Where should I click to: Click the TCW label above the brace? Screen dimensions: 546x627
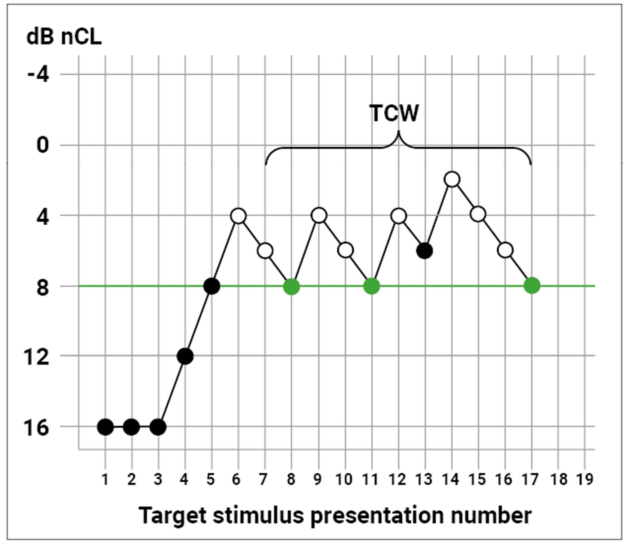(394, 113)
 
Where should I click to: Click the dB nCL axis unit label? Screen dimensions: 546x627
(64, 37)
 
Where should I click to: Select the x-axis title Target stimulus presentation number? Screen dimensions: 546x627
(335, 515)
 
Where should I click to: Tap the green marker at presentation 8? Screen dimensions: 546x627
(292, 286)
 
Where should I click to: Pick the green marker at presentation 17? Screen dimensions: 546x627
(532, 286)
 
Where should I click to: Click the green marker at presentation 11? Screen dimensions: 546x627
(372, 286)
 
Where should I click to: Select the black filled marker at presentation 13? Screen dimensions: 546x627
(425, 251)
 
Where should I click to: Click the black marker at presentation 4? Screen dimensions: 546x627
(185, 356)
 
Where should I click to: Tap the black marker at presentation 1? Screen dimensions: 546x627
(105, 427)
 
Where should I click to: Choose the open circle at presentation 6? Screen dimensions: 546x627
(239, 216)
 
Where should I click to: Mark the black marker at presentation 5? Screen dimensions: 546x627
(212, 286)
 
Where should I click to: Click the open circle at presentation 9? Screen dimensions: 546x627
(319, 215)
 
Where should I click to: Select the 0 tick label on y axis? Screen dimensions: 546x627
(43, 145)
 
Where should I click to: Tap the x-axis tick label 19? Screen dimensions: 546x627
(585, 479)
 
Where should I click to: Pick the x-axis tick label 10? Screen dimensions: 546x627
(344, 479)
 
